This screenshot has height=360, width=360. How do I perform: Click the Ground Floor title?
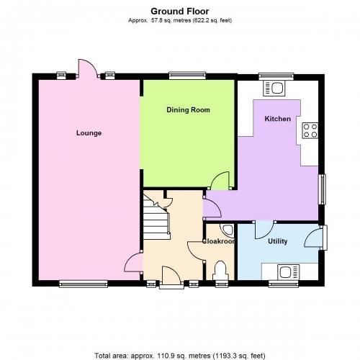pos(180,11)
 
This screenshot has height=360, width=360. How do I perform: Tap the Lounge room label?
pos(89,133)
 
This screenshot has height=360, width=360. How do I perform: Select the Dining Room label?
pos(188,110)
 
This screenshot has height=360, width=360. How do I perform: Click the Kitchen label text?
pos(277,119)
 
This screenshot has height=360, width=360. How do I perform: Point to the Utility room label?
pos(277,241)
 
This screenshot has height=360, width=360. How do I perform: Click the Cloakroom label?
pos(218,241)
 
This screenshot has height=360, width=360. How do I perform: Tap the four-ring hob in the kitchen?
pos(310,130)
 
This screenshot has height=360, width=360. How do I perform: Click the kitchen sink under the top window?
pos(274,89)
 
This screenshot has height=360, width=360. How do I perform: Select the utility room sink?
pos(288,272)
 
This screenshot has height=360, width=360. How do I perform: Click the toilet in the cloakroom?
pos(220,271)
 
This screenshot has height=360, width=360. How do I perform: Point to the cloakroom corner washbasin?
pos(228,230)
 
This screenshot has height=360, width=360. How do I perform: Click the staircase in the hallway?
pos(156,217)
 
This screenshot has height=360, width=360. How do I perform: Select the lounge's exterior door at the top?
pos(88,68)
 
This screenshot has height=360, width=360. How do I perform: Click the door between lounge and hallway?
pos(133,262)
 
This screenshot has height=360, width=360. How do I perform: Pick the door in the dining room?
pos(220,181)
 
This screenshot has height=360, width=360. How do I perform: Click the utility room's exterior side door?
pos(315,238)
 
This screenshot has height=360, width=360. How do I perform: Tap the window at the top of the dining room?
pos(187,76)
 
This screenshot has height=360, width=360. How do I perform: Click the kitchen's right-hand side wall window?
pos(322,189)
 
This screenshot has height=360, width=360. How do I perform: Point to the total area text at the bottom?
pos(180,356)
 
